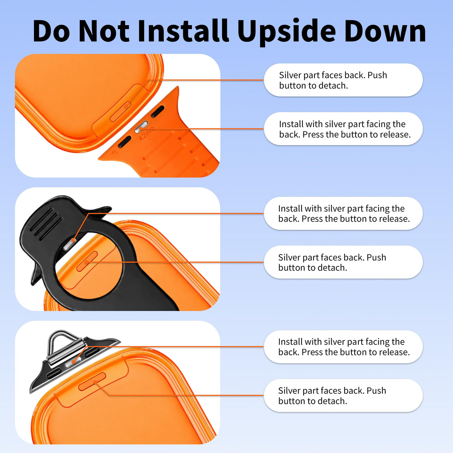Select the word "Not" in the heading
click(x=104, y=31)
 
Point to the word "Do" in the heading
click(x=51, y=31)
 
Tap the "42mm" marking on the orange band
click(x=147, y=133)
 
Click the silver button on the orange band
click(x=141, y=127)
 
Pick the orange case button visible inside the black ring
click(x=87, y=261)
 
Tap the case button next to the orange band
click(x=120, y=111)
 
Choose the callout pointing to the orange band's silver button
click(x=343, y=128)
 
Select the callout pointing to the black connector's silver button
click(x=343, y=213)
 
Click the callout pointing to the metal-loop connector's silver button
click(x=343, y=347)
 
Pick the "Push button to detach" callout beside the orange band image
click(x=343, y=80)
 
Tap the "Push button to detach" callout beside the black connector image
click(x=343, y=262)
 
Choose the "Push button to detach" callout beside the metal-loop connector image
click(x=343, y=395)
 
